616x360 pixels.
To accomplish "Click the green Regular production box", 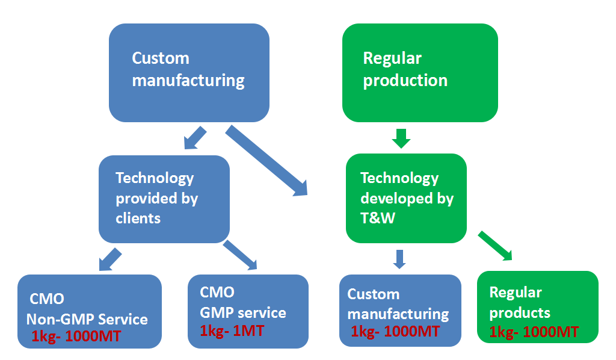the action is pos(420,73).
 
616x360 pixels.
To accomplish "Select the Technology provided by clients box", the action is pos(164,199).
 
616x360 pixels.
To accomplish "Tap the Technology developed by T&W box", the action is pos(406,198).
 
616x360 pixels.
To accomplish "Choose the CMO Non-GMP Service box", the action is pos(90,311).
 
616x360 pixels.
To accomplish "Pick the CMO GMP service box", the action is pos(248,311).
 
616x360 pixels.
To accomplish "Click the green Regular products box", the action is pos(537,307).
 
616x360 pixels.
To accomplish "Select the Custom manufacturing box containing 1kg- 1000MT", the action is pos(400,311).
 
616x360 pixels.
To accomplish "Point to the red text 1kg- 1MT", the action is pos(232,331).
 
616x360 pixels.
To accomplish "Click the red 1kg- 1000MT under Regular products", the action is pos(534,332).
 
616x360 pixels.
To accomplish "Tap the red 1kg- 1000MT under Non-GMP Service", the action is pos(76,337).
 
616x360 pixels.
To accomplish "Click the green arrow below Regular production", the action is pos(401,138).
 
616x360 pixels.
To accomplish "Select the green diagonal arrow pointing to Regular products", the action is pos(496,246).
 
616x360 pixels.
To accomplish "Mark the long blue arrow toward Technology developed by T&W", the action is pos(266,160).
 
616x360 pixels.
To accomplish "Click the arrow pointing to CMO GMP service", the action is pos(240,255).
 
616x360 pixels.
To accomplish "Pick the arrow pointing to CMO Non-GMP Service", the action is pos(111,259).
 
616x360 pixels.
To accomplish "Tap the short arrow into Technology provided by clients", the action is pos(196,138).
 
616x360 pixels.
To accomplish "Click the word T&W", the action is pos(378,218).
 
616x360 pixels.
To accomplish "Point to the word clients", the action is pos(138,218).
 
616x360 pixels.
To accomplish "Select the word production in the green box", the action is pos(405,81).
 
